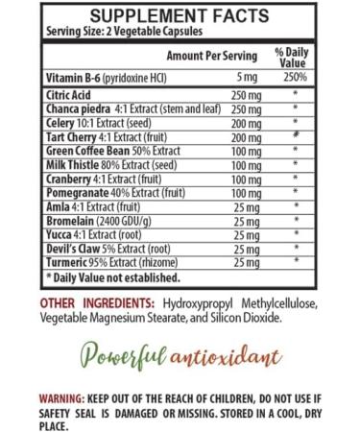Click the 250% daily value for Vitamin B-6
(x=300, y=77)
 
